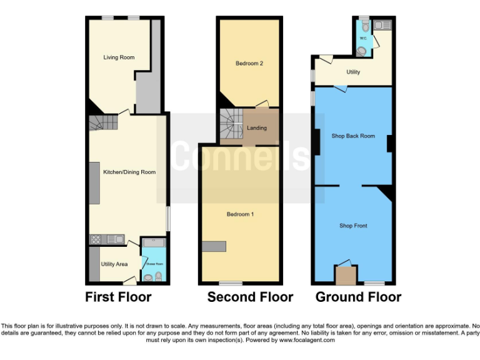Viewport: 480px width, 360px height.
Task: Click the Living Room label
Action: pyautogui.click(x=119, y=57)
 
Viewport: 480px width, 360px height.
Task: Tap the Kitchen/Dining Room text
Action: pyautogui.click(x=129, y=172)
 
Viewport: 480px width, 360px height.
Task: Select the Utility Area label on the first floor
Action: pyautogui.click(x=114, y=264)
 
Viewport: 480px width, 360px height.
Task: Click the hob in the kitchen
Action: pyautogui.click(x=98, y=239)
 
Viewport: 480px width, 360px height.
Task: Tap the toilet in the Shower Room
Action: pyautogui.click(x=158, y=276)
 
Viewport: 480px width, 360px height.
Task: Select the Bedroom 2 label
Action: pyautogui.click(x=249, y=63)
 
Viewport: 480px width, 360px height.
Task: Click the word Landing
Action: pyautogui.click(x=257, y=128)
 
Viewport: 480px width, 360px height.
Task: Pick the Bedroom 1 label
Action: pyautogui.click(x=240, y=214)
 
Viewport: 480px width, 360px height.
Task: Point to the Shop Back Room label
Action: pyautogui.click(x=353, y=136)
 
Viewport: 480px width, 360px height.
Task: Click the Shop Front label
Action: pyautogui.click(x=353, y=226)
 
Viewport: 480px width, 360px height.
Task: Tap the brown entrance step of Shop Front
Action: pyautogui.click(x=344, y=275)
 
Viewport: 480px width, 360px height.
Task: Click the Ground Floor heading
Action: pyautogui.click(x=358, y=297)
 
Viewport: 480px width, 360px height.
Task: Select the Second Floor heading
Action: pyautogui.click(x=250, y=297)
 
